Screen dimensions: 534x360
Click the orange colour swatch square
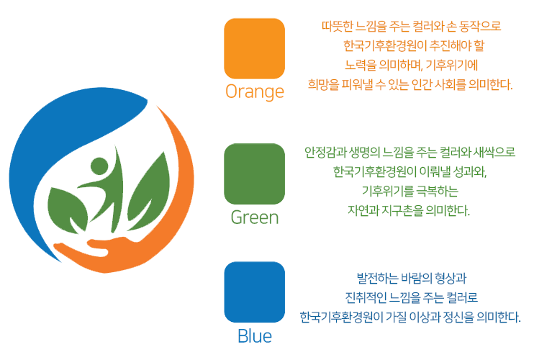254,49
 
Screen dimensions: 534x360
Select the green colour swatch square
254,174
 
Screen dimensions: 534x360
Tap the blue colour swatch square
254,292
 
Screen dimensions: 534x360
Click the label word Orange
255,92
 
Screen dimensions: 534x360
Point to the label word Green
255,217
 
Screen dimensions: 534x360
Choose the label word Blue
255,336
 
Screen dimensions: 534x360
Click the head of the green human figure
99,166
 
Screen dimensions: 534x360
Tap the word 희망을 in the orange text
324,84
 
